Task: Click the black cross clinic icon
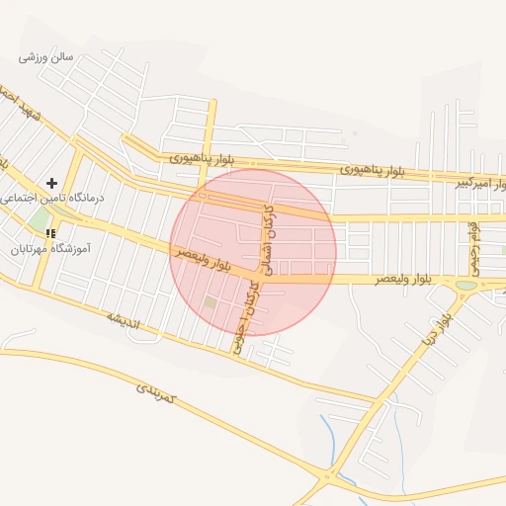[51, 183]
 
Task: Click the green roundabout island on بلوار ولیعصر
[465, 286]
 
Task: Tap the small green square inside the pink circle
[210, 302]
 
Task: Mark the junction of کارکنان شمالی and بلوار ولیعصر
[260, 280]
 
